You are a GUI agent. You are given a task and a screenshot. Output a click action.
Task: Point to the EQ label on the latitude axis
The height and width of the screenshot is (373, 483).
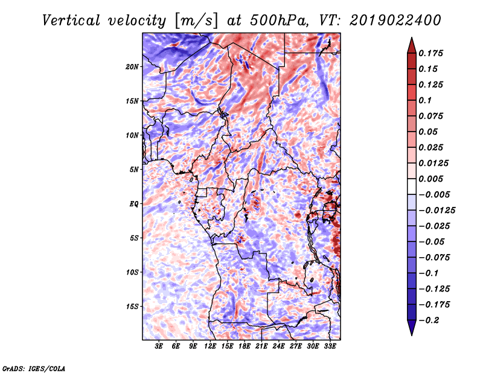[134, 204]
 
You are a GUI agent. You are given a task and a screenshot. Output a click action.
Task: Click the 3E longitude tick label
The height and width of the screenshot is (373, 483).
[159, 346]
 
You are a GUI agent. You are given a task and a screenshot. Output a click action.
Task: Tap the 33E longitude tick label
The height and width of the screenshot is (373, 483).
[330, 346]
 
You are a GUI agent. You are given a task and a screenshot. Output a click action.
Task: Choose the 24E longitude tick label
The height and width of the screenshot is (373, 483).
[278, 346]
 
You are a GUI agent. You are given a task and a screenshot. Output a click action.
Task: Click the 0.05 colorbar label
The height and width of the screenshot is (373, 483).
[430, 132]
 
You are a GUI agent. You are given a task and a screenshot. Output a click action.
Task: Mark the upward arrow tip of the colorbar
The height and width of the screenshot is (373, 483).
[411, 39]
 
